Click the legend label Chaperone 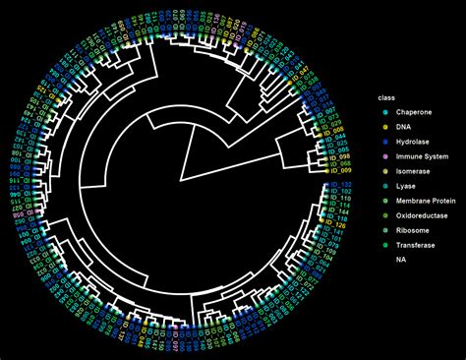point(414,113)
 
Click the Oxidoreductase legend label point(422,215)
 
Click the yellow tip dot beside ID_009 point(327,171)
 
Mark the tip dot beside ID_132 point(327,184)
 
